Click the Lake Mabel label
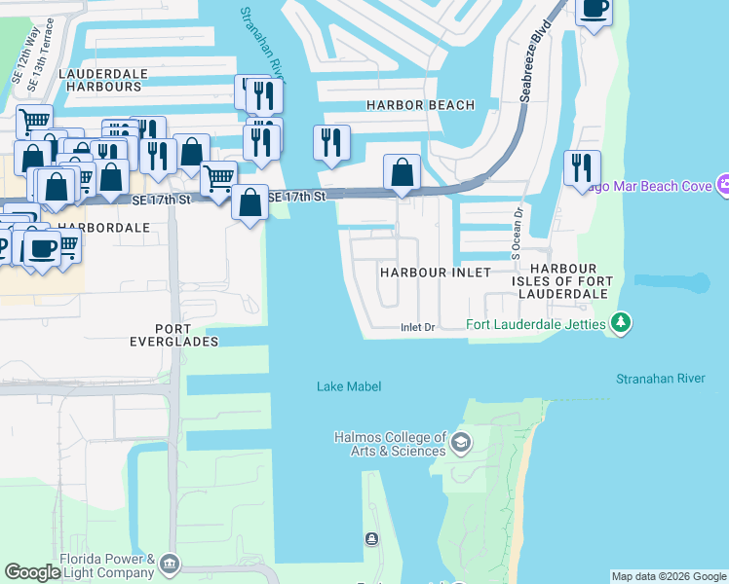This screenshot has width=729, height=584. point(348,386)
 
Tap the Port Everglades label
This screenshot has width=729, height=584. point(173,334)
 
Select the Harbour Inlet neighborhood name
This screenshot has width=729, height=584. point(435,273)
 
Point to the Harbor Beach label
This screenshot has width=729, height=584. point(420,105)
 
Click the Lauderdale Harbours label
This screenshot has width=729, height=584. point(100,80)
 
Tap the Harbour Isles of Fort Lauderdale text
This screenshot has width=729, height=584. point(569,280)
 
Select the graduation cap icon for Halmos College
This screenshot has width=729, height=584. point(461,444)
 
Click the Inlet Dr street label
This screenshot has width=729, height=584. point(416,328)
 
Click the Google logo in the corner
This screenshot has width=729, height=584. point(32,572)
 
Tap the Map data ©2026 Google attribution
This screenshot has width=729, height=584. point(668,576)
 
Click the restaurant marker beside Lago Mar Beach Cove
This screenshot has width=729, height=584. point(582,166)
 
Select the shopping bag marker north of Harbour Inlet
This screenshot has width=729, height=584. point(402,172)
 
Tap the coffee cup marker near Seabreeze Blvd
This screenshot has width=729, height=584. point(594,9)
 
